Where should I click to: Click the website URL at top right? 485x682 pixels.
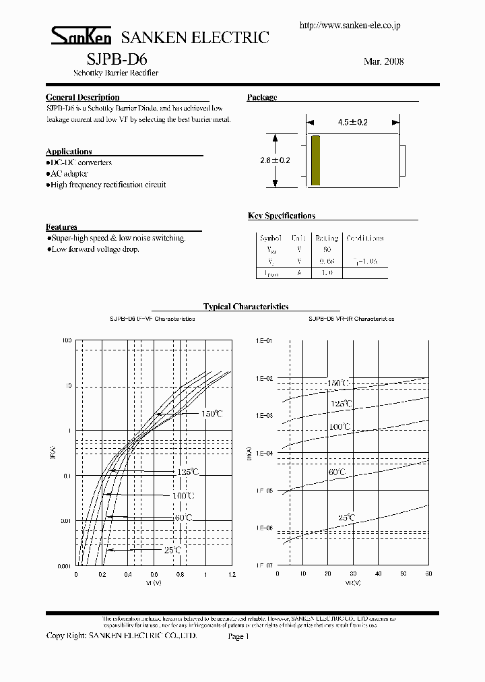[350, 25]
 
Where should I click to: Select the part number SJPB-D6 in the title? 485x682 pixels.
[112, 59]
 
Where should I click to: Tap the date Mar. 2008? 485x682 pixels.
[383, 61]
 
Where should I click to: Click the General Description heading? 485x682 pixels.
[82, 98]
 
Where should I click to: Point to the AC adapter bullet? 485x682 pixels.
[69, 174]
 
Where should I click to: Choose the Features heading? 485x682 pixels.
[61, 227]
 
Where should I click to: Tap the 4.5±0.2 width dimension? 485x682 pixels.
[353, 123]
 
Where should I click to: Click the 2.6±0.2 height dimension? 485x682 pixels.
[275, 160]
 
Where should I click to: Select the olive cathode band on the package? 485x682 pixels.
[315, 160]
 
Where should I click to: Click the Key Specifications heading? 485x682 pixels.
[282, 216]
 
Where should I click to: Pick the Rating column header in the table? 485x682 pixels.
[327, 238]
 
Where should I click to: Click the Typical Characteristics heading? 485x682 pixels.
[246, 307]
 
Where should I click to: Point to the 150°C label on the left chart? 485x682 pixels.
[211, 414]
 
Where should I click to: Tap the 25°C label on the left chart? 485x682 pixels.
[172, 551]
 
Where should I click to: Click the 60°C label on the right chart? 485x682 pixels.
[337, 472]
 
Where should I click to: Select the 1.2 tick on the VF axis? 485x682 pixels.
[232, 575]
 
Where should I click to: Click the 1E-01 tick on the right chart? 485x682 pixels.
[264, 341]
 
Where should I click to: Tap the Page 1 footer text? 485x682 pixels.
[238, 636]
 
